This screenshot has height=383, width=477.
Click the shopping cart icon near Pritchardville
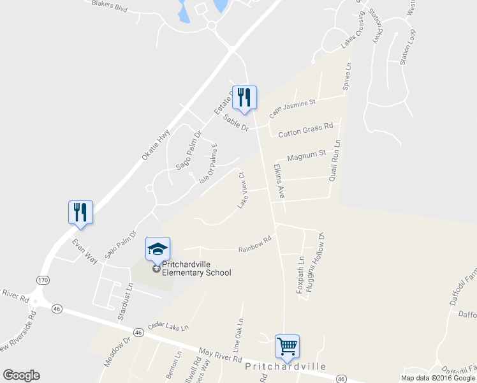(x=287, y=347)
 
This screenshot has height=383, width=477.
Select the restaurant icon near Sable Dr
(x=244, y=97)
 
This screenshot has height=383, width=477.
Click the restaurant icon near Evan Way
(x=81, y=212)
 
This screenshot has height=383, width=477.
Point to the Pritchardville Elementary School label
(x=196, y=269)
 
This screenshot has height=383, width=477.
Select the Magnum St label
(x=307, y=154)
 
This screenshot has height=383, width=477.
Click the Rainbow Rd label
(x=255, y=244)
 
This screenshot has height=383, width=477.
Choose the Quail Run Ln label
(x=335, y=160)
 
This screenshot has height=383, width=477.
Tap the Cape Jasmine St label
(x=293, y=109)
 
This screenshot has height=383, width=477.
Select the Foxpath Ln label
(x=300, y=275)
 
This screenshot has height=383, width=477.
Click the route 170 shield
(x=43, y=280)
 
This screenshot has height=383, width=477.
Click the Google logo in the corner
(x=21, y=375)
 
